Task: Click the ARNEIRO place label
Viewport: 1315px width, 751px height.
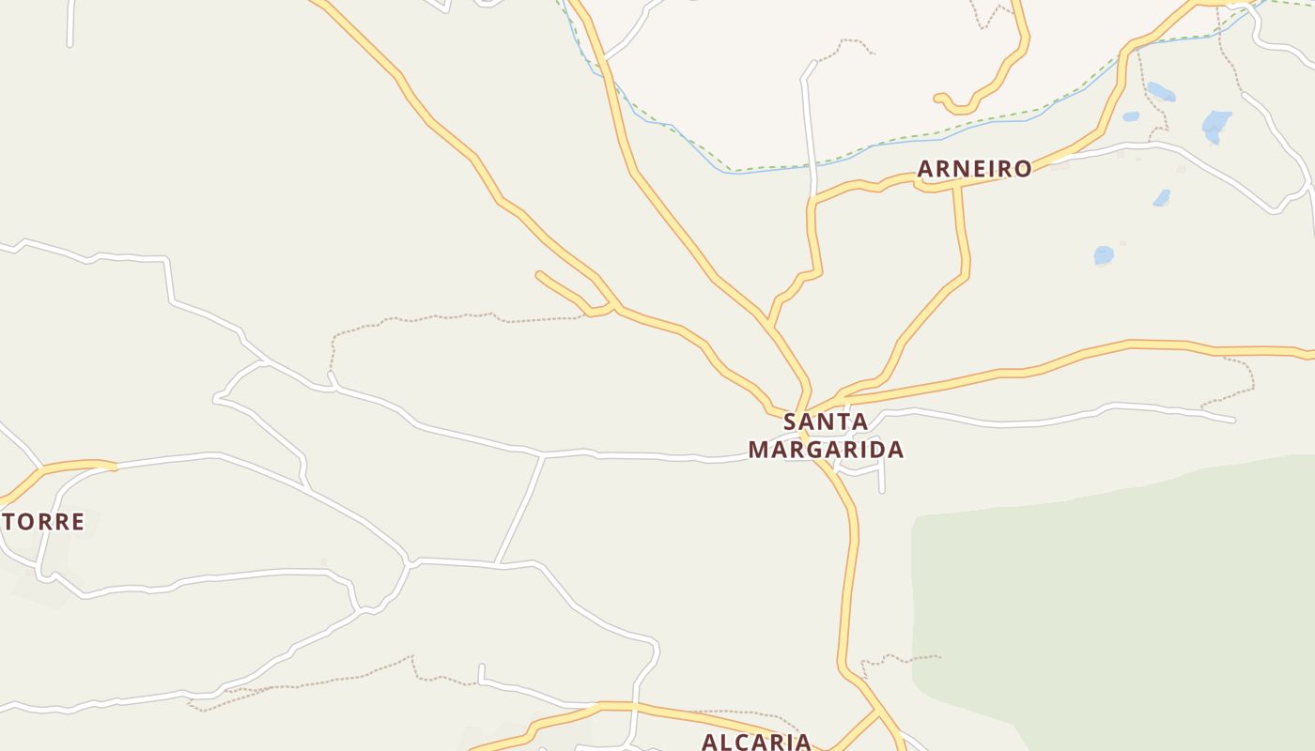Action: [974, 169]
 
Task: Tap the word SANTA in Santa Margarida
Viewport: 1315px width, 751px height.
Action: [826, 421]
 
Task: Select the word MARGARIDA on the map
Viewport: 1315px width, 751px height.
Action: [826, 450]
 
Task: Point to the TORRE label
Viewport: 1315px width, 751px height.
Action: [43, 522]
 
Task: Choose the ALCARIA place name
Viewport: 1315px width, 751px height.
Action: [756, 742]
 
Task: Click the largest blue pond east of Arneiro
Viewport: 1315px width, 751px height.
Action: [1216, 124]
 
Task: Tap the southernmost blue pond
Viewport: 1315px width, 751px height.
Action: [1104, 254]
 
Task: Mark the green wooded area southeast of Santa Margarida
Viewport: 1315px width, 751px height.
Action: [1108, 601]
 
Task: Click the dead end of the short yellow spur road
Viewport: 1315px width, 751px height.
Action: [539, 274]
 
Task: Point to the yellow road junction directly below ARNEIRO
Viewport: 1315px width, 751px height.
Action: [956, 186]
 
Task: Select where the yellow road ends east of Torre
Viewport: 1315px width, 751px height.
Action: [114, 465]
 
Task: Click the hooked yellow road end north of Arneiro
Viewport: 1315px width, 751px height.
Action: [937, 97]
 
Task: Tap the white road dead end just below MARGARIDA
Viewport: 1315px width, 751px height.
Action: [882, 490]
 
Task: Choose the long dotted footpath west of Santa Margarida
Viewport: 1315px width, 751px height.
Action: [451, 316]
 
